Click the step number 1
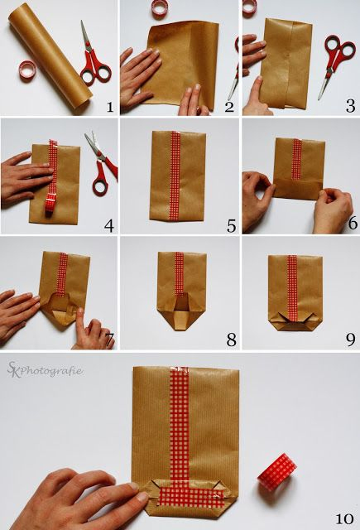point(110,107)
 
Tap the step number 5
point(232,226)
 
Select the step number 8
point(232,340)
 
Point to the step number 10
point(344,518)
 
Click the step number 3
point(350,106)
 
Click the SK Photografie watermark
point(45,370)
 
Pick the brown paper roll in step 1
point(50,57)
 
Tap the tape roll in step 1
point(27,70)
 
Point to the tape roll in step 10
point(277,472)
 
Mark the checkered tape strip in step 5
point(175,176)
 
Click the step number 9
point(351,340)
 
